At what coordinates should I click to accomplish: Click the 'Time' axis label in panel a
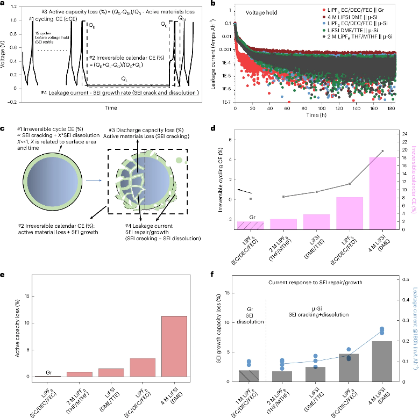[110, 107]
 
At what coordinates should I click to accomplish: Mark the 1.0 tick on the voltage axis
[14, 20]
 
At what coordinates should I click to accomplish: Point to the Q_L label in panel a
[125, 78]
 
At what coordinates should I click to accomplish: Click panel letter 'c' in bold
[3, 128]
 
